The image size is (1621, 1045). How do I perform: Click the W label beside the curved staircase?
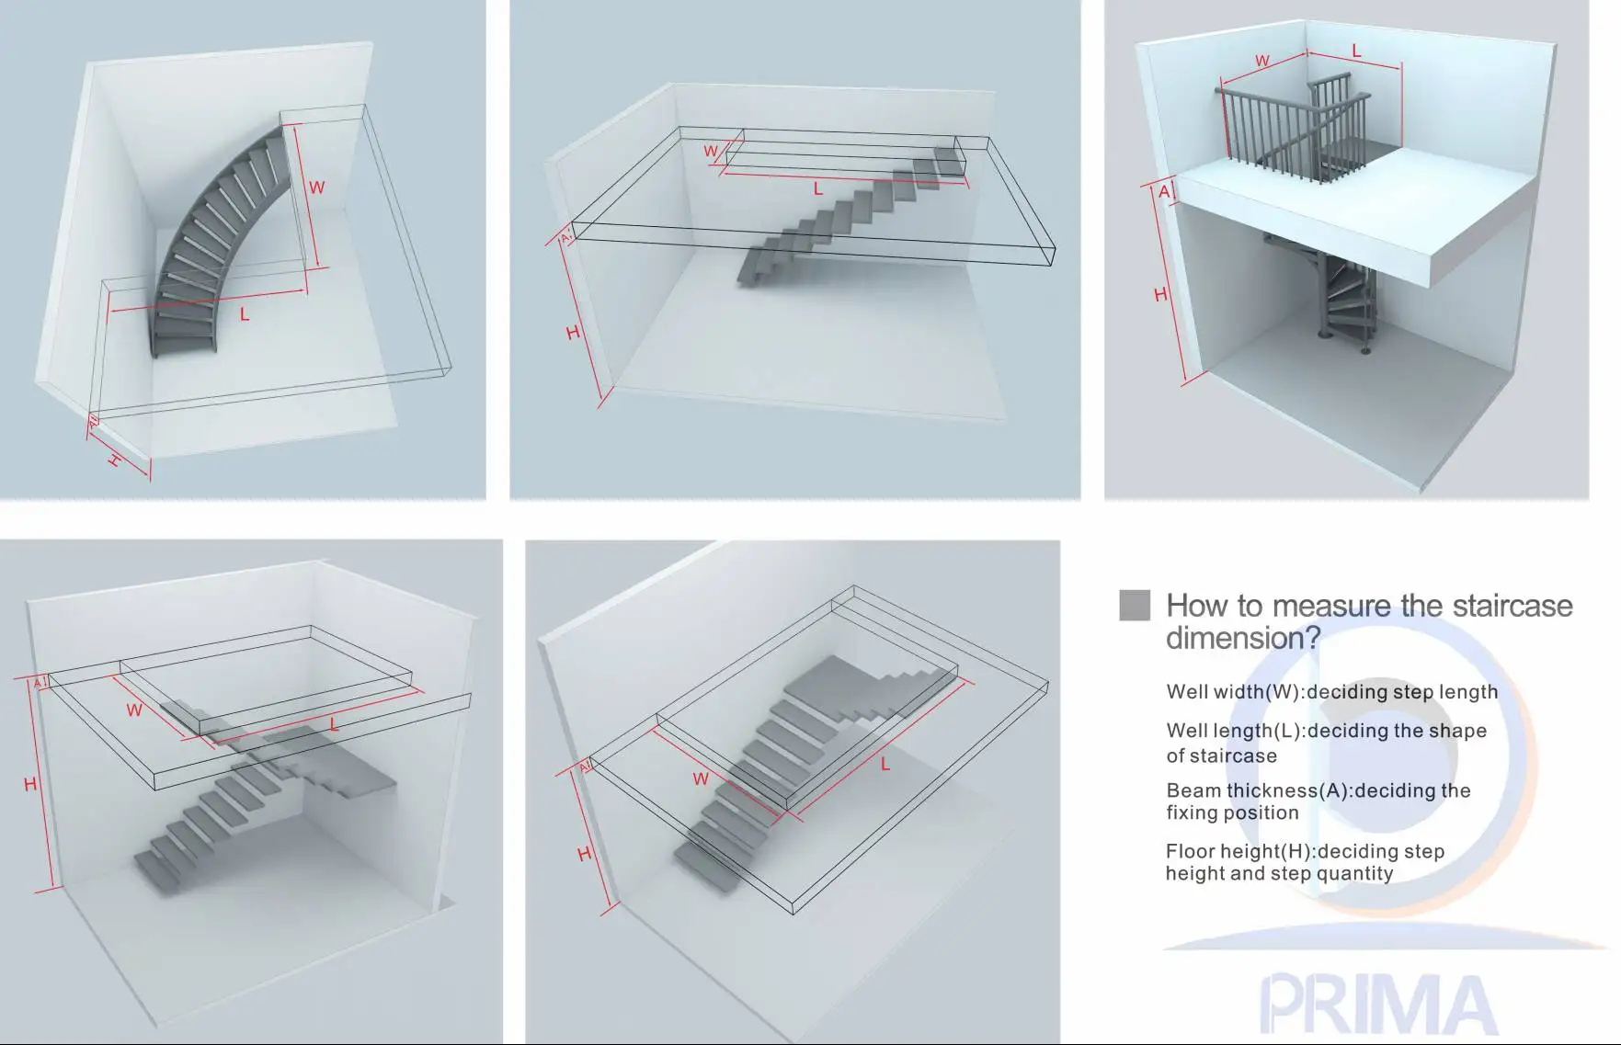[x=316, y=187]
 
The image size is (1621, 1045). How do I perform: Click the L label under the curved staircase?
[x=245, y=314]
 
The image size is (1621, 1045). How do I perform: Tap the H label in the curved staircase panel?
[x=115, y=460]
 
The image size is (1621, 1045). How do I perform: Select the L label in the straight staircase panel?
[x=817, y=189]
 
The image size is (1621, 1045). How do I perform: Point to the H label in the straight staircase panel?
[x=573, y=333]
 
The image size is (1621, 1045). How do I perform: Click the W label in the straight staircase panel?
[x=711, y=152]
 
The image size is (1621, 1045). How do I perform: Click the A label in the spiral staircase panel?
[x=1164, y=191]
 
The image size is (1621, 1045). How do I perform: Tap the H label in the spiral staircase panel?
[x=1160, y=295]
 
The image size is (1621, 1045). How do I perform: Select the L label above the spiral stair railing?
[x=1355, y=51]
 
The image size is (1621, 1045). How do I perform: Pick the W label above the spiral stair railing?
[x=1262, y=62]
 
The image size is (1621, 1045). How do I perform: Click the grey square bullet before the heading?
[x=1135, y=606]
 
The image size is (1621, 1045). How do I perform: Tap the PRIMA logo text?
[x=1376, y=1004]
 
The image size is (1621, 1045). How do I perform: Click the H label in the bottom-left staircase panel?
[x=30, y=784]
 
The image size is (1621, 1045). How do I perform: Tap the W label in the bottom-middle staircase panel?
[x=701, y=779]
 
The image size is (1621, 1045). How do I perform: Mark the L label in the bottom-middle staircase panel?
[x=885, y=764]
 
